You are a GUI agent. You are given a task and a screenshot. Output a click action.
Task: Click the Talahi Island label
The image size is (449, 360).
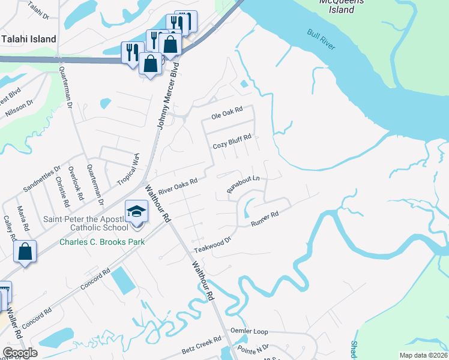click(x=29, y=39)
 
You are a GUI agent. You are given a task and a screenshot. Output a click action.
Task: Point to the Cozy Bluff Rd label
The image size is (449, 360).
click(x=232, y=146)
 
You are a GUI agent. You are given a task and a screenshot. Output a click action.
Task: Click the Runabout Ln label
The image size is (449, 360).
click(x=243, y=184)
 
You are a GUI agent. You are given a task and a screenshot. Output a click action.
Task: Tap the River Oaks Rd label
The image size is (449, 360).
click(x=178, y=186)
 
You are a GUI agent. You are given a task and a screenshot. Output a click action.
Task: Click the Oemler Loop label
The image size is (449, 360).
click(x=250, y=331)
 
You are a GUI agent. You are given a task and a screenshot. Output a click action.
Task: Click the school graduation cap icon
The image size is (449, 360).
click(x=137, y=211)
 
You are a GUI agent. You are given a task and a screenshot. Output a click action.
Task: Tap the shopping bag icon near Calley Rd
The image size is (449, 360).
click(x=25, y=251)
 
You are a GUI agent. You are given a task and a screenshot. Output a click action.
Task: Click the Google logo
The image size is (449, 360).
click(x=20, y=353)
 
